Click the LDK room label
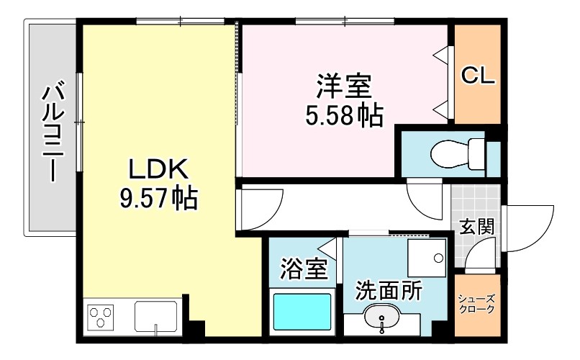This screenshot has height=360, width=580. [x=158, y=170]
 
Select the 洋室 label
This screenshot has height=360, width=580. [x=343, y=87]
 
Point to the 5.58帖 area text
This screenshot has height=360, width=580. [x=343, y=114]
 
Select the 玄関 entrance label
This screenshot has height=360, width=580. [x=477, y=227]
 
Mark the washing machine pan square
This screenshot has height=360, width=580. [x=427, y=258]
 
